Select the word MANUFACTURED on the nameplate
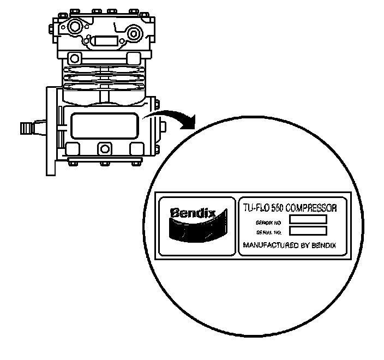(265, 245)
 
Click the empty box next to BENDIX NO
(308, 219)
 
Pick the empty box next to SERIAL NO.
(308, 231)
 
